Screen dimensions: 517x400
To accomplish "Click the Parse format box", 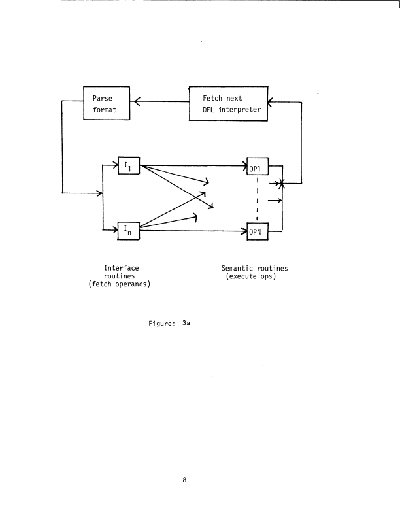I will [x=107, y=103].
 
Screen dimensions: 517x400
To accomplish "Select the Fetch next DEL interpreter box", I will [x=228, y=103].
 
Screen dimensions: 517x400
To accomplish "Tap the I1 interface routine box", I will [x=128, y=166].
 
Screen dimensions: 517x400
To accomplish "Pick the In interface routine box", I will [x=128, y=229].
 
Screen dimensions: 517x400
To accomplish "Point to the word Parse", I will [x=103, y=98].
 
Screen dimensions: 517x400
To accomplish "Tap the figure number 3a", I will [x=186, y=322].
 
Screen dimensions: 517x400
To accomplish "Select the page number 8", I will [x=186, y=481].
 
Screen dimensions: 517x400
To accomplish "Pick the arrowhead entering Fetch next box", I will [x=271, y=101].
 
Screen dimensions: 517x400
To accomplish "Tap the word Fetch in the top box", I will [x=213, y=98].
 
